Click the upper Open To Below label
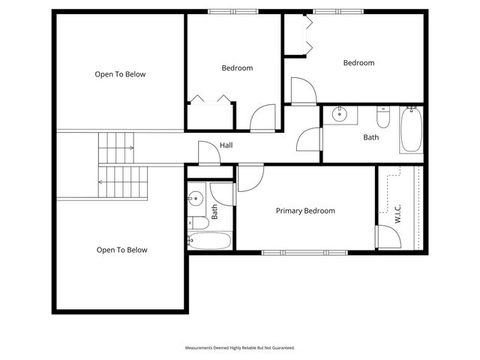point(120,74)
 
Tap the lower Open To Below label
point(121,250)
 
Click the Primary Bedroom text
point(305,211)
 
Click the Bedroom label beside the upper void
point(237,68)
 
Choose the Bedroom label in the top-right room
point(358,63)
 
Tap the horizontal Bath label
point(371,137)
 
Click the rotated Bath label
point(214,212)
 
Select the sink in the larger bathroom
point(339,115)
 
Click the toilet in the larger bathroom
point(383,119)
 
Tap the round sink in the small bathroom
point(195,199)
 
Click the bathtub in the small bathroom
point(209,241)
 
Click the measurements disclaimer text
point(240,348)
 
